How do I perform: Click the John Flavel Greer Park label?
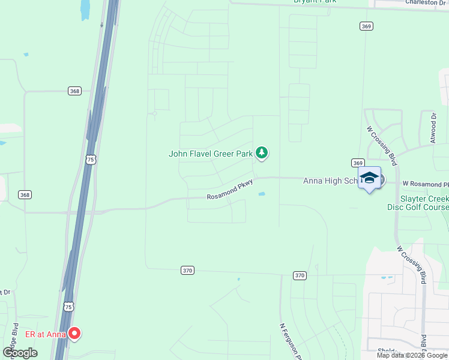pyautogui.click(x=211, y=154)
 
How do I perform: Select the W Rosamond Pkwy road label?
pyautogui.click(x=425, y=183)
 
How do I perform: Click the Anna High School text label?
pyautogui.click(x=330, y=181)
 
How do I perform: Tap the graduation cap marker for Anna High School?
pyautogui.click(x=369, y=178)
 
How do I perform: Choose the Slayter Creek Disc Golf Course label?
pyautogui.click(x=424, y=203)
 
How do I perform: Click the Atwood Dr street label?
pyautogui.click(x=433, y=127)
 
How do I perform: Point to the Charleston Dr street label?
pyautogui.click(x=426, y=2)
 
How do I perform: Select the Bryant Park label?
pyautogui.click(x=315, y=2)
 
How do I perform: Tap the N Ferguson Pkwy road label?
pyautogui.click(x=290, y=341)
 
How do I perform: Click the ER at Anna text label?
pyautogui.click(x=45, y=334)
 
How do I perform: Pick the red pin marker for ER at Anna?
pyautogui.click(x=74, y=332)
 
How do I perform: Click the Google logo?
pyautogui.click(x=20, y=353)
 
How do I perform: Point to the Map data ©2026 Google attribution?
pyautogui.click(x=412, y=355)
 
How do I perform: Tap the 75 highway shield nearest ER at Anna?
pyautogui.click(x=69, y=307)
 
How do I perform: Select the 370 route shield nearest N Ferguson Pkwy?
pyautogui.click(x=300, y=275)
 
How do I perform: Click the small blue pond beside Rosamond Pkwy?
pyautogui.click(x=262, y=194)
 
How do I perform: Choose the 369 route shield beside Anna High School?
pyautogui.click(x=358, y=163)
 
